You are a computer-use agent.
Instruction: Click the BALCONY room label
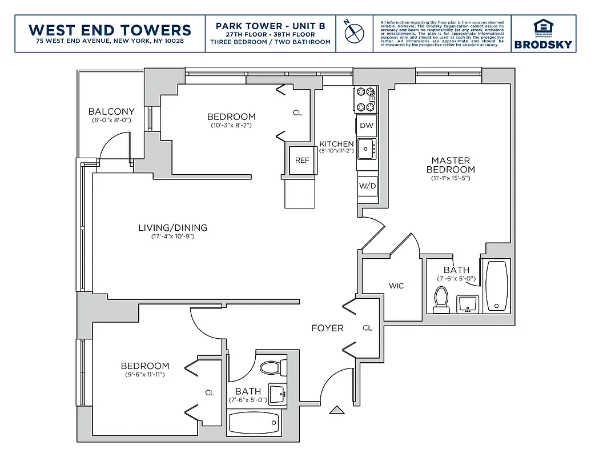pos(111,111)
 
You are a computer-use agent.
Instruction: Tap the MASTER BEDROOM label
pos(451,165)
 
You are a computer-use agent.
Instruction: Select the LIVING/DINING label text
pos(172,227)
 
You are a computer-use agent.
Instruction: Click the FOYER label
pos(327,328)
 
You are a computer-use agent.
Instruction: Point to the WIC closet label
pos(396,285)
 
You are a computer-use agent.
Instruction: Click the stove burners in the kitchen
pos(365,99)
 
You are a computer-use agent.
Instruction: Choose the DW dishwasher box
pos(367,126)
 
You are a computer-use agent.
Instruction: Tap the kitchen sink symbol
pos(366,149)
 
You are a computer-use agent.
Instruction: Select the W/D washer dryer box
pos(367,186)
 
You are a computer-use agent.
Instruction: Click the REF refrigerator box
pos(301,160)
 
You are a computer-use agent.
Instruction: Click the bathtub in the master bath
pos(495,286)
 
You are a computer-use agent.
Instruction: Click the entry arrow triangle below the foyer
pos(336,410)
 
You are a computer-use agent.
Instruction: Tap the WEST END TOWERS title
pos(110,29)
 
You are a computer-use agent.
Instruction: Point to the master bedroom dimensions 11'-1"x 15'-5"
pos(451,178)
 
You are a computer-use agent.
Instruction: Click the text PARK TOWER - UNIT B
pos(270,26)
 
